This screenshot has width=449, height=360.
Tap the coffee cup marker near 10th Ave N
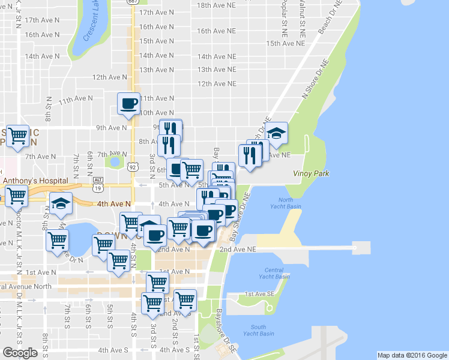point(129,103)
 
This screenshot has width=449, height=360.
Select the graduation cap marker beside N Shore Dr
point(276,133)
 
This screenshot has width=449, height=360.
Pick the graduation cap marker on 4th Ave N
point(61,203)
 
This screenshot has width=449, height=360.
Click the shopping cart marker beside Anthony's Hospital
point(17,195)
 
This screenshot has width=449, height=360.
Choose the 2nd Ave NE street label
point(238,249)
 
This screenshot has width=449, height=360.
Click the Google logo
point(20,353)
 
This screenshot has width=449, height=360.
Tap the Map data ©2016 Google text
point(412,355)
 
